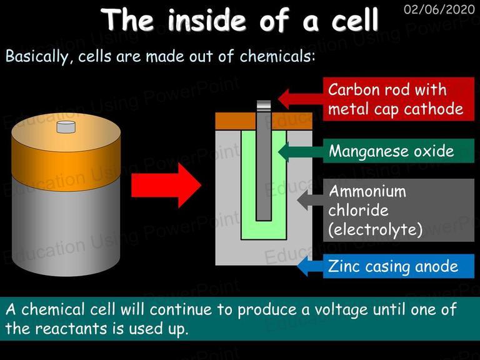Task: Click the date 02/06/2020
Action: click(439, 10)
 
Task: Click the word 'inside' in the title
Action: click(207, 20)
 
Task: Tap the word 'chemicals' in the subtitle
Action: click(277, 56)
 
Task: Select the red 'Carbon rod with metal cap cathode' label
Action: click(399, 99)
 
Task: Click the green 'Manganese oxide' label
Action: click(399, 151)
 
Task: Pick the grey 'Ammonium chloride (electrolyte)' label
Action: click(399, 210)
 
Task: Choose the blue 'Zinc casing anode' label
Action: click(399, 266)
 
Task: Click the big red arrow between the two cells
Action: click(166, 186)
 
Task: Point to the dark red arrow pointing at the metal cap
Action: click(301, 99)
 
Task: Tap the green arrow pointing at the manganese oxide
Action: click(301, 151)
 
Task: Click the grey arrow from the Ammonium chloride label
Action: click(310, 200)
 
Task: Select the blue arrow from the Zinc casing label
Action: click(310, 266)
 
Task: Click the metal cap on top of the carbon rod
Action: click(264, 106)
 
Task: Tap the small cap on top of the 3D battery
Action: click(66, 127)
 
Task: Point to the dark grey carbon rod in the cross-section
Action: click(264, 166)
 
